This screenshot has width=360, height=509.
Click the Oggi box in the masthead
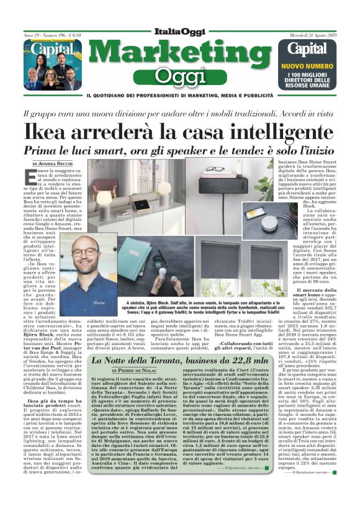pyautogui.click(x=180, y=76)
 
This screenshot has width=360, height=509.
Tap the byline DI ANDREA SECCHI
pyautogui.click(x=52, y=163)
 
